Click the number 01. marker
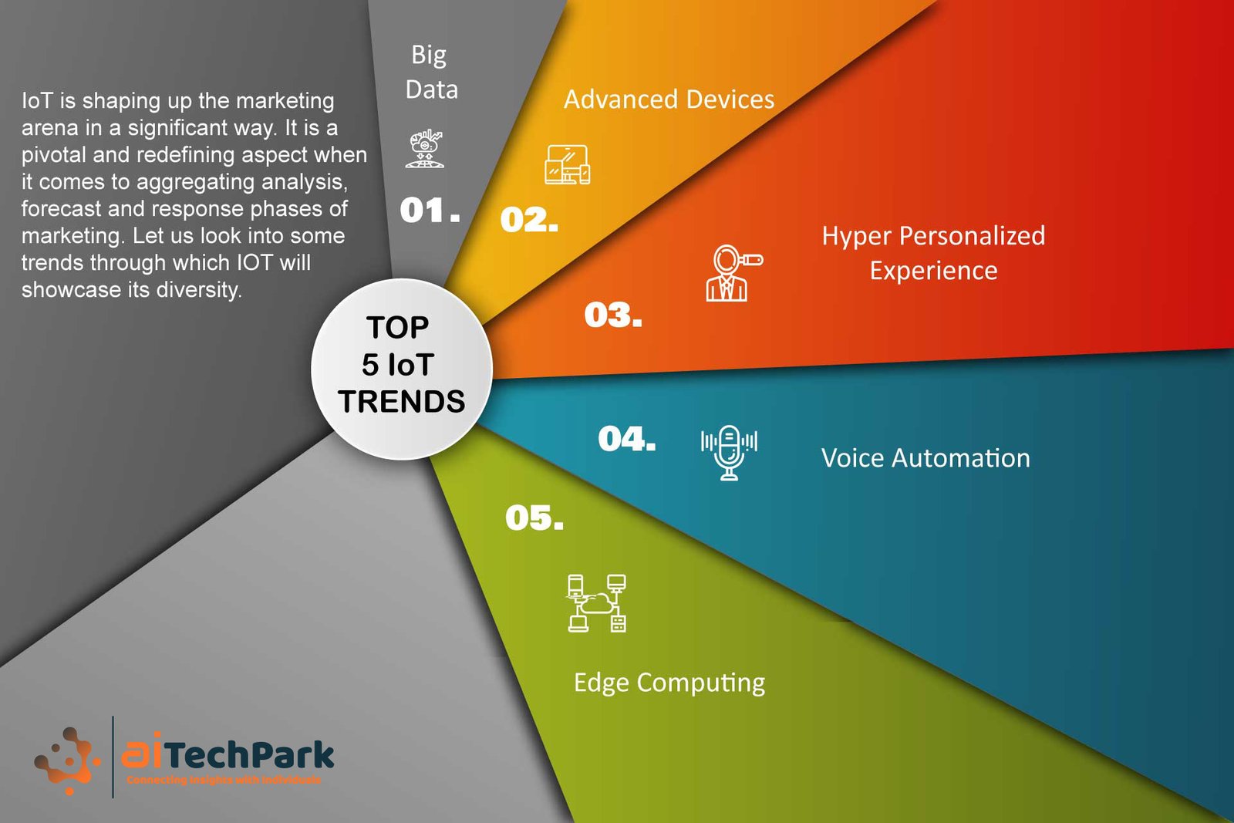430,210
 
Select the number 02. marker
529,219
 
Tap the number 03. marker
613,315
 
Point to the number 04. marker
627,439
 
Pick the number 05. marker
534,518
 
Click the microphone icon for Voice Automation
729,453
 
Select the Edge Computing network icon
597,603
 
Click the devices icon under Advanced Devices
568,164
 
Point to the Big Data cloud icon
424,149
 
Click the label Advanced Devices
669,100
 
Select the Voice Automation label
925,457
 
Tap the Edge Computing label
669,683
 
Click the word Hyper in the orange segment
857,237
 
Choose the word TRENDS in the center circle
402,401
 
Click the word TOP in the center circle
397,328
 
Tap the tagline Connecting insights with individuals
224,780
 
